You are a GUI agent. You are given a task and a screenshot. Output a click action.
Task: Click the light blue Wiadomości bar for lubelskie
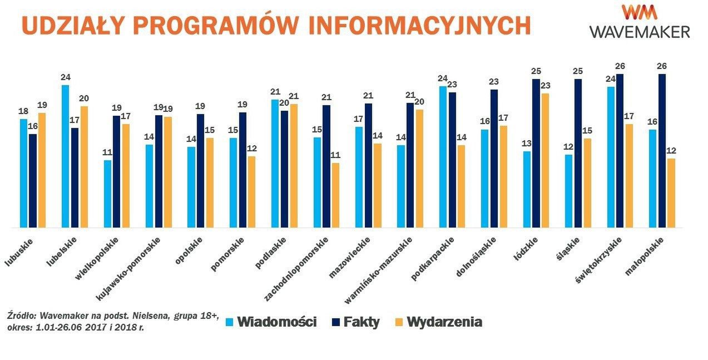[x=66, y=156]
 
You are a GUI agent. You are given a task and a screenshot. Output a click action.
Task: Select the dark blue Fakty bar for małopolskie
[x=662, y=151]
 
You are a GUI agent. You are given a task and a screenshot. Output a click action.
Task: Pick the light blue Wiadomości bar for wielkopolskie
[x=107, y=194]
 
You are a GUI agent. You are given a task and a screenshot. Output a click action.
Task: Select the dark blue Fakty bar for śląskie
[x=578, y=153]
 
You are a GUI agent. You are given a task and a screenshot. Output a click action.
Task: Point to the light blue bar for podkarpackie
[x=443, y=157]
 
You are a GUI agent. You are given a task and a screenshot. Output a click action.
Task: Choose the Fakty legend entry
[x=356, y=322]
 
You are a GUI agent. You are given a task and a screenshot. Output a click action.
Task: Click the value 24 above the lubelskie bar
[x=66, y=77]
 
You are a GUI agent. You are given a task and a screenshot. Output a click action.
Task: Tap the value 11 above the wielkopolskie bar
[x=107, y=152]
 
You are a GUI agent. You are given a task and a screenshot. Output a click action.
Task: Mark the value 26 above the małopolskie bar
[x=662, y=66]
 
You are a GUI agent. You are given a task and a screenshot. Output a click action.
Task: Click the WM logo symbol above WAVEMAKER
[x=640, y=13]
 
